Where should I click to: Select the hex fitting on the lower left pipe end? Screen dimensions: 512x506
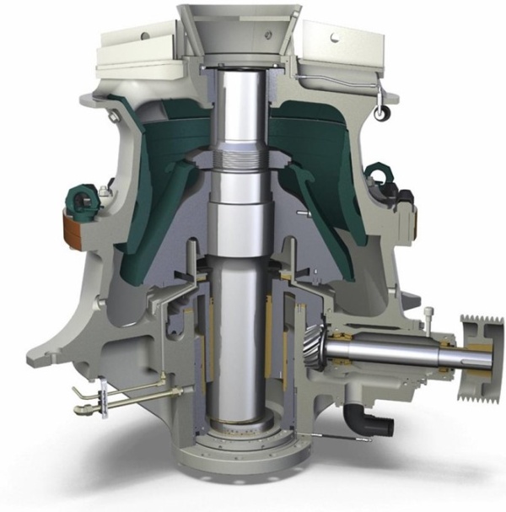(80, 411)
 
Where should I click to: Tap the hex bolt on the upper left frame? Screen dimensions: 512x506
(105, 193)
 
